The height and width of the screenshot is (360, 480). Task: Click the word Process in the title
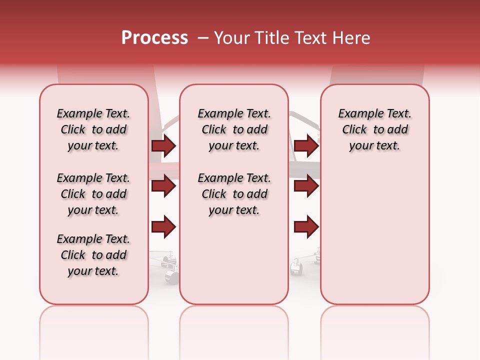point(154,38)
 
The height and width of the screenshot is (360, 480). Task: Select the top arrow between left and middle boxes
point(163,146)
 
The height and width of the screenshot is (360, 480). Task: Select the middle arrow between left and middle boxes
point(163,186)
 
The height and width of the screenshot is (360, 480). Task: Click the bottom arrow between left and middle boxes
point(163,227)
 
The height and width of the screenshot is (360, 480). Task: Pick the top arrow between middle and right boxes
point(306,146)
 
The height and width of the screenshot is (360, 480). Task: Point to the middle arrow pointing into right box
point(306,186)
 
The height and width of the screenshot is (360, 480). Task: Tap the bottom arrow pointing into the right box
point(306,227)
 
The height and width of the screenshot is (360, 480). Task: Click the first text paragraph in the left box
point(93,129)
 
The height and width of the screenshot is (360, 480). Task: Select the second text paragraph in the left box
point(93,194)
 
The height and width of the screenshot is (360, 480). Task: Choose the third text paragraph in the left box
point(93,255)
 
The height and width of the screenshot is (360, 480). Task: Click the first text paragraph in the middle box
point(234,129)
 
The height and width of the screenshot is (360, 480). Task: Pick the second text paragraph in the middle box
point(234,194)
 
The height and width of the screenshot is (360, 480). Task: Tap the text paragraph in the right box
point(374,129)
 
